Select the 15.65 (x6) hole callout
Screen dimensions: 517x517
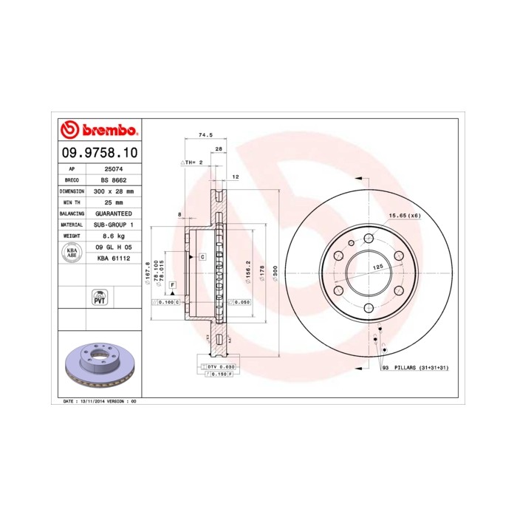pyautogui.click(x=404, y=215)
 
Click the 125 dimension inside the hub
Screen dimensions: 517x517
pyautogui.click(x=377, y=266)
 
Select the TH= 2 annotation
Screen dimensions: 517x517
pyautogui.click(x=191, y=162)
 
